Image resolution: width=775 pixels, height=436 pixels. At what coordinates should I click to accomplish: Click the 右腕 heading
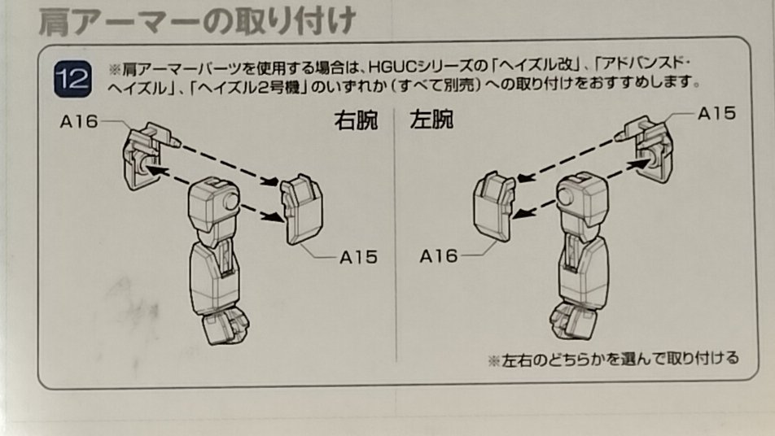355,121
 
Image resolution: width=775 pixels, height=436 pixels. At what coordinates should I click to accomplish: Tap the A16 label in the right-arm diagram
78,122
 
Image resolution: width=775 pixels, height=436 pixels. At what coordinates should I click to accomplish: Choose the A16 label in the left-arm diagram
439,257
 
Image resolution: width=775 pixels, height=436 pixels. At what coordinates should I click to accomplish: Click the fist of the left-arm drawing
574,320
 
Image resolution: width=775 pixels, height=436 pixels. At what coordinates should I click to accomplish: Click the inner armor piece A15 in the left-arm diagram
650,150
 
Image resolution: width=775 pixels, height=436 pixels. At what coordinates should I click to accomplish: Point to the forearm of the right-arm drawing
213,272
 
